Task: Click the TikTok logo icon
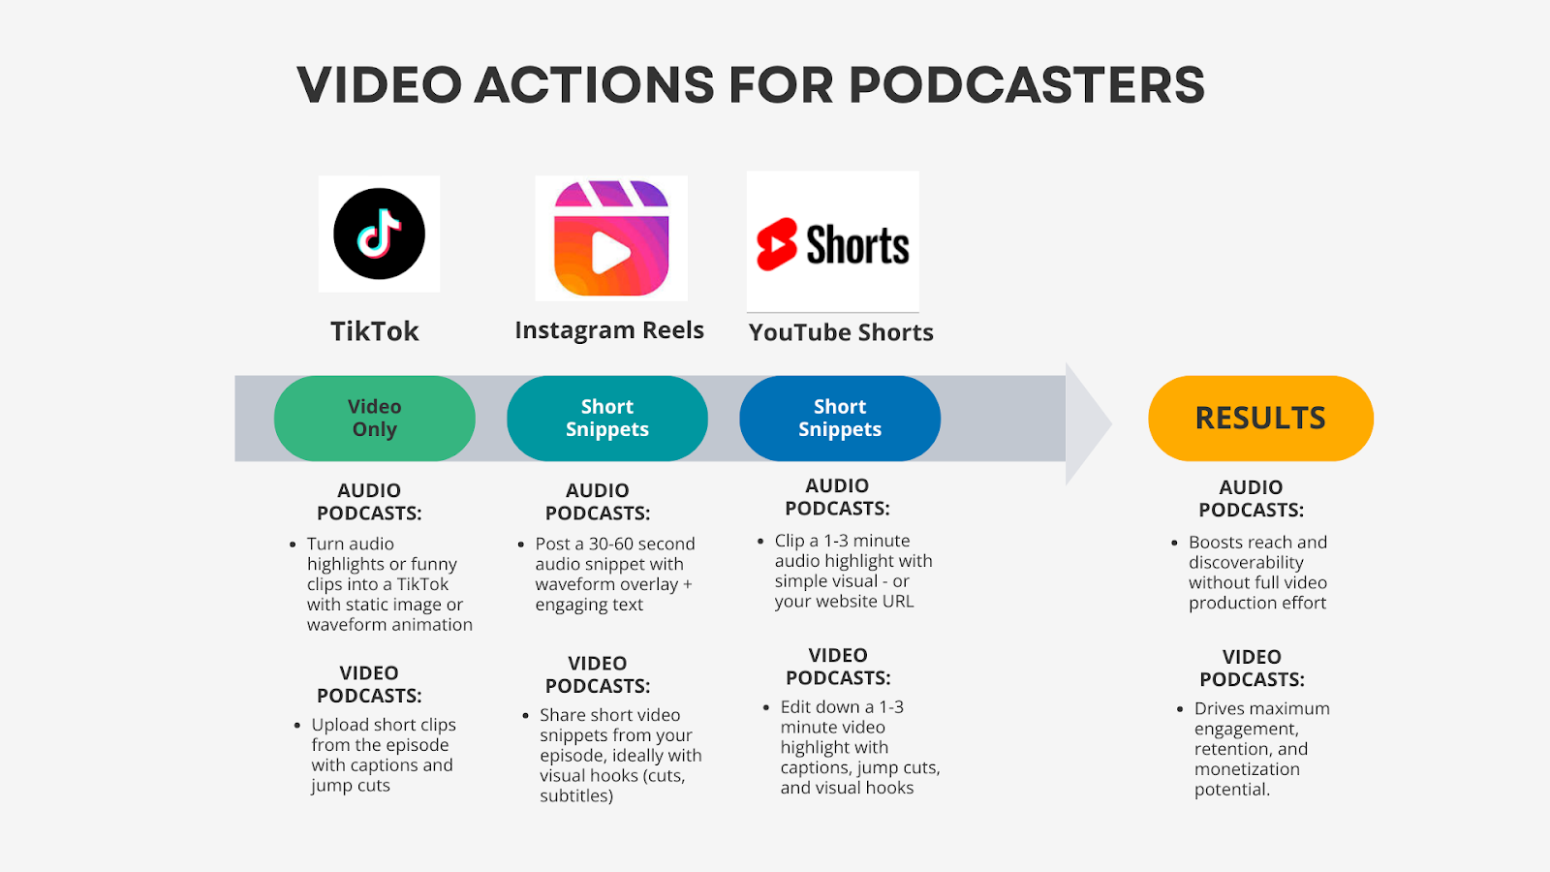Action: pos(379,234)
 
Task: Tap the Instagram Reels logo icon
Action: pos(611,238)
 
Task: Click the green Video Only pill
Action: pos(374,418)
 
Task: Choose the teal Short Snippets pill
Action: pos(606,418)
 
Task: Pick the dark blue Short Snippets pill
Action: pos(839,418)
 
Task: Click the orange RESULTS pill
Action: pos(1260,418)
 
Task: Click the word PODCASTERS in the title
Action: pos(1027,85)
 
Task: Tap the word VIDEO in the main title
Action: pos(379,85)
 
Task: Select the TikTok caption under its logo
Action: pos(374,331)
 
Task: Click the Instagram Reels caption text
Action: pos(609,330)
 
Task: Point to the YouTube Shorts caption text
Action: pos(841,332)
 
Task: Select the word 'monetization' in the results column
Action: pos(1247,769)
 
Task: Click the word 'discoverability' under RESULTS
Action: pos(1246,562)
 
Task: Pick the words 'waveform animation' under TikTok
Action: pos(389,624)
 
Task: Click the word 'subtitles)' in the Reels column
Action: pos(576,795)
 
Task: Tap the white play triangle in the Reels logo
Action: pos(609,253)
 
